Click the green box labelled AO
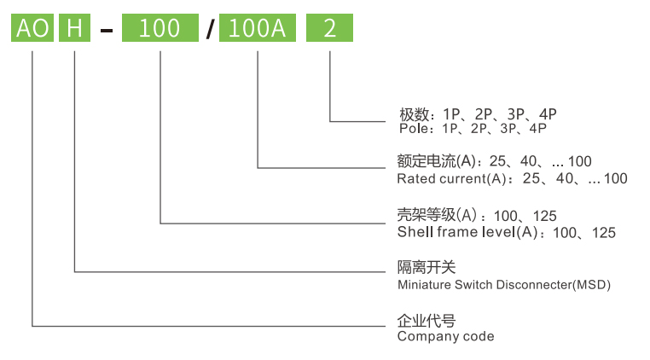(32, 29)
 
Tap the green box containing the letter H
(75, 29)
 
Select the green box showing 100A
(258, 29)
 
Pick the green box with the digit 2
(329, 29)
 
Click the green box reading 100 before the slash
(160, 29)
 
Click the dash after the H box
(106, 32)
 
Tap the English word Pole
(414, 129)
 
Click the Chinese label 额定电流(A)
(436, 161)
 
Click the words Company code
(445, 337)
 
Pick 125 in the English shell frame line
(603, 232)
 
